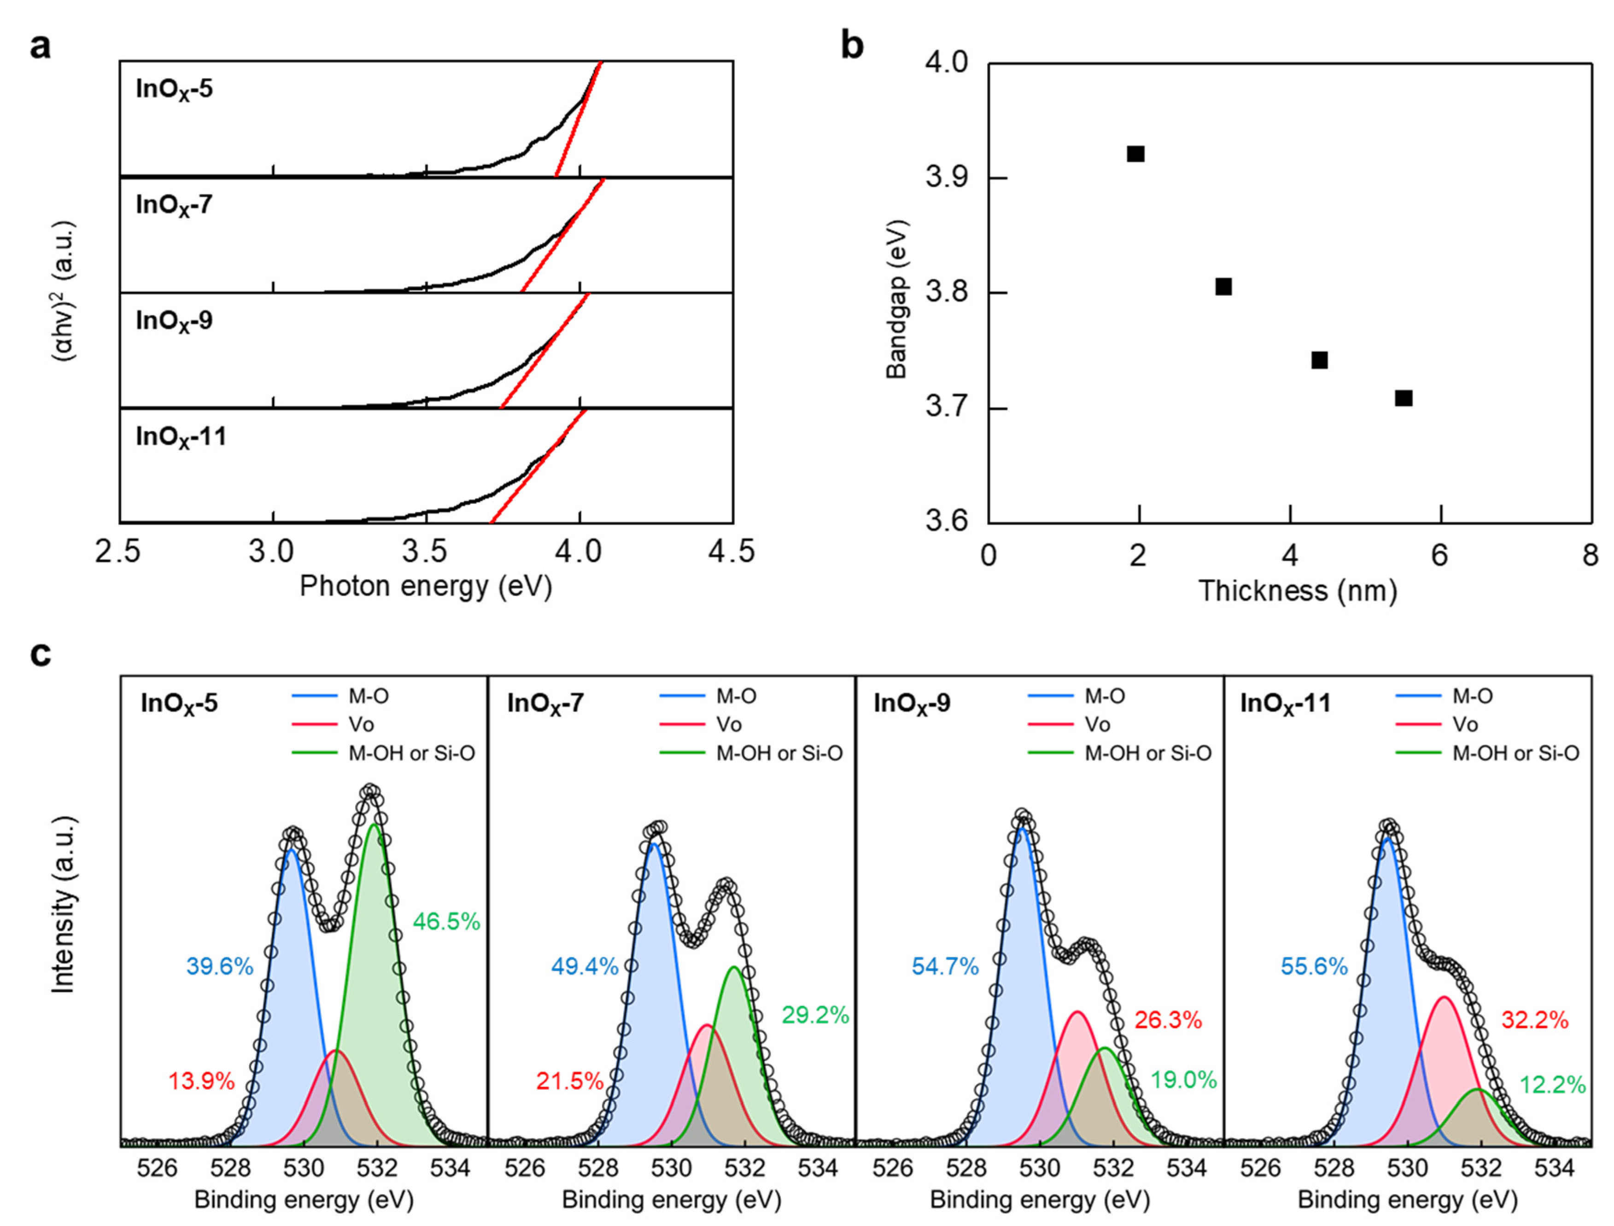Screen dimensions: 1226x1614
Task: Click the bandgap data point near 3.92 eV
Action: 1135,154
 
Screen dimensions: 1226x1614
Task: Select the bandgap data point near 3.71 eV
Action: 1403,398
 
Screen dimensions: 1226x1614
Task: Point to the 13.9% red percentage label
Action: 201,1081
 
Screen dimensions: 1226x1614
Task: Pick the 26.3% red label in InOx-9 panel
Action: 1168,1020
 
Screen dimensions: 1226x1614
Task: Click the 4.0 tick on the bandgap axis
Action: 947,64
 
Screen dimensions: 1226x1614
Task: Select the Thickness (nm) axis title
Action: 1298,590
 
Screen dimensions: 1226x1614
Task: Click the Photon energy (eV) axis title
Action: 426,586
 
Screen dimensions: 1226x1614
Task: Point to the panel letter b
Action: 852,45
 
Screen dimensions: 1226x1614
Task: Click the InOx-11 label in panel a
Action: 181,437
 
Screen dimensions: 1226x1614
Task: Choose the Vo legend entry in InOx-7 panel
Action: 728,724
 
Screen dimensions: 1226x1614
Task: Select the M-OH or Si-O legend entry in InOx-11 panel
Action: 1515,753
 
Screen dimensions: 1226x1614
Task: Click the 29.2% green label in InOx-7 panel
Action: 815,1015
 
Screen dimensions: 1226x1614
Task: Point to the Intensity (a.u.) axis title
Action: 64,905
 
